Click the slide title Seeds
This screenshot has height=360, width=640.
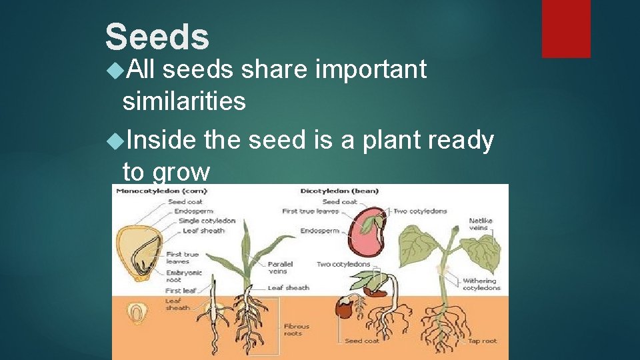157,37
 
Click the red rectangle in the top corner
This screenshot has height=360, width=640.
565,28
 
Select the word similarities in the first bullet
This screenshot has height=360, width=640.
184,101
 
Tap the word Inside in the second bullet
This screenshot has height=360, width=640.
160,140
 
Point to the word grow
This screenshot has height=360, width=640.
181,172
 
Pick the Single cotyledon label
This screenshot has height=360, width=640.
207,221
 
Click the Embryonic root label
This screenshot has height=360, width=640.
184,276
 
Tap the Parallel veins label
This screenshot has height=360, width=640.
277,267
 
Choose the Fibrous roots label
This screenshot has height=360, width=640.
297,330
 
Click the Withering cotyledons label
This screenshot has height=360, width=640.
481,285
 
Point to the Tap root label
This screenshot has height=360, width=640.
482,341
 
